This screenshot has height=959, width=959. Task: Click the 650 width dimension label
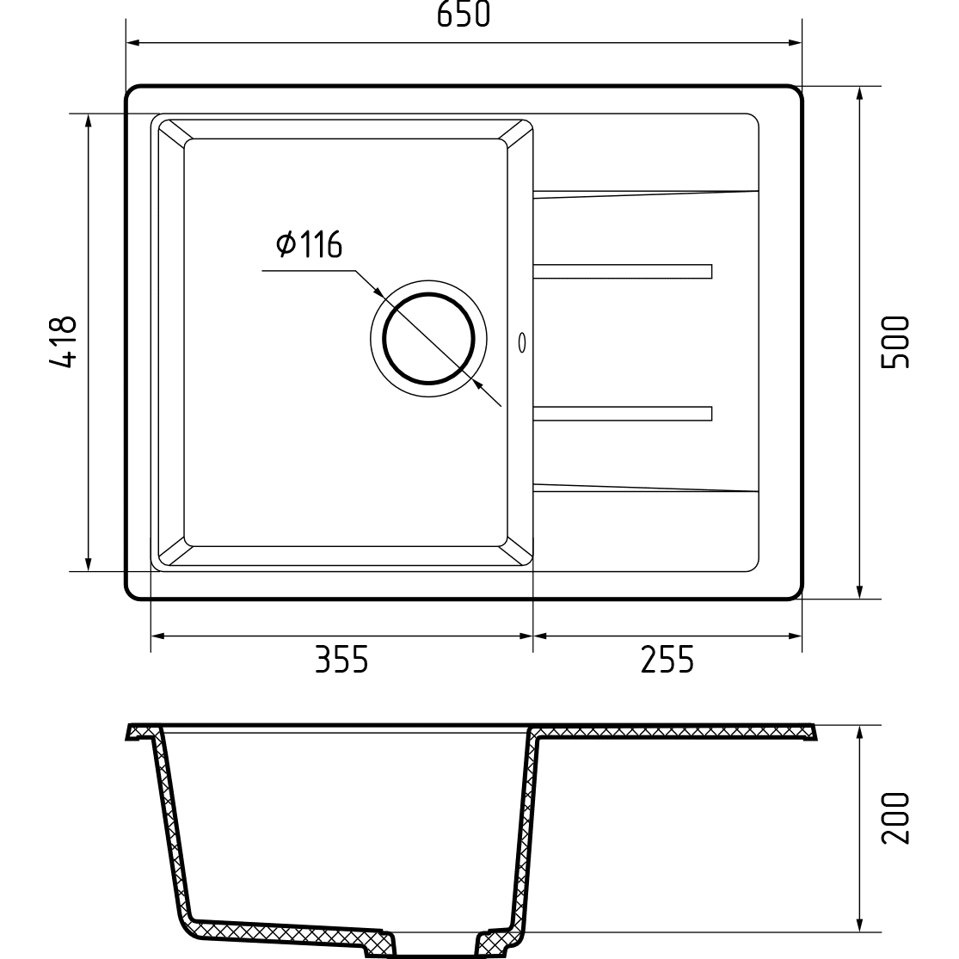point(464,15)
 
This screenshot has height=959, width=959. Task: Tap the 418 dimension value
point(64,342)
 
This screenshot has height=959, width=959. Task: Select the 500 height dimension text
point(895,342)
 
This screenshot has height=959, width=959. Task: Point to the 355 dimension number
point(342,660)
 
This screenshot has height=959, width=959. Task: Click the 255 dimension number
point(667,660)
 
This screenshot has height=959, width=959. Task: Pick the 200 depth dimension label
point(895,818)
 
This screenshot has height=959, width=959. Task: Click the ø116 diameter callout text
point(309,244)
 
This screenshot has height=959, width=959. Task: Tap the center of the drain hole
point(428,339)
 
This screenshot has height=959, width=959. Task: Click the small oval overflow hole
point(522,342)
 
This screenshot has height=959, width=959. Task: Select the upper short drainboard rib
point(623,272)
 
